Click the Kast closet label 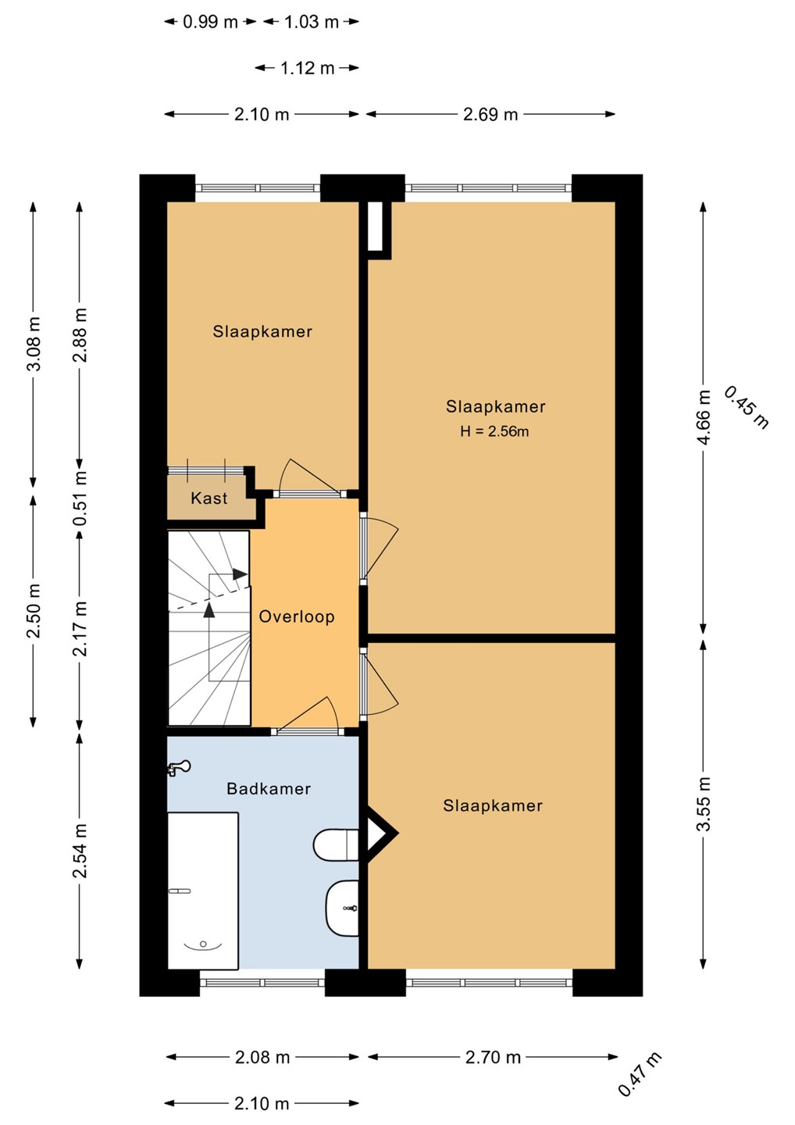[x=209, y=498]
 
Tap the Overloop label [x=297, y=616]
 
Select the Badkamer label [x=269, y=788]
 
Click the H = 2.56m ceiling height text [x=494, y=431]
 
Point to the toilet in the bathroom [x=335, y=845]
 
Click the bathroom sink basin [x=342, y=908]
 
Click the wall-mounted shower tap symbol [x=179, y=767]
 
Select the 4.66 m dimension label [x=704, y=417]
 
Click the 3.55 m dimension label [x=704, y=804]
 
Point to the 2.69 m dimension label [x=490, y=115]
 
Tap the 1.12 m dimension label [x=307, y=68]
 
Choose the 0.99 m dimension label [x=210, y=22]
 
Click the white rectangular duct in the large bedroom [x=375, y=227]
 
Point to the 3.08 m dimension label [x=33, y=344]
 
